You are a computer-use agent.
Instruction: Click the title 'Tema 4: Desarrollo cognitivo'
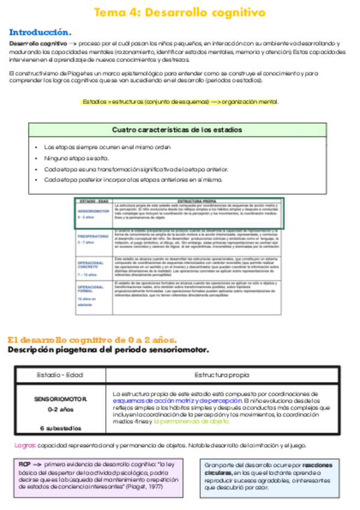tap(180, 13)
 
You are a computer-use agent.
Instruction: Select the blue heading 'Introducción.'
tap(40, 32)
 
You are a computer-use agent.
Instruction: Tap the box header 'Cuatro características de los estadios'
tap(177, 130)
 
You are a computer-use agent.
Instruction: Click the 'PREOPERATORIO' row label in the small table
tap(93, 236)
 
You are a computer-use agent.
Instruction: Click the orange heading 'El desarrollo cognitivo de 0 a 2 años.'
tap(92, 340)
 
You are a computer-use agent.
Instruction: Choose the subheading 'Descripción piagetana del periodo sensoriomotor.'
tap(108, 350)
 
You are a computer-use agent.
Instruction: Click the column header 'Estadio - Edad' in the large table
tap(60, 375)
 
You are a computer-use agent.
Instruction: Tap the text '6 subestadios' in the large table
tap(60, 428)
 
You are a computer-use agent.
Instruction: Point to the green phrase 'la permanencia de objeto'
tap(191, 422)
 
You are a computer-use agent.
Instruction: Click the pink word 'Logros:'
tap(24, 446)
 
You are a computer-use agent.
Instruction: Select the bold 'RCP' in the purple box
tap(25, 465)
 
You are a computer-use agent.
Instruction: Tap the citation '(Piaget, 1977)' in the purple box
tap(145, 487)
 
